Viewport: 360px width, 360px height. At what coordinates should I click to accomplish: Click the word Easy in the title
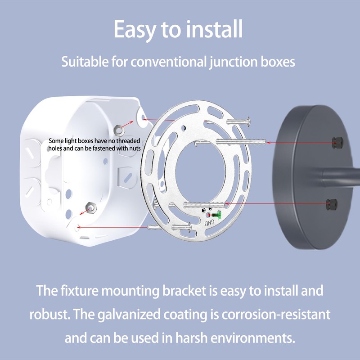click(x=135, y=30)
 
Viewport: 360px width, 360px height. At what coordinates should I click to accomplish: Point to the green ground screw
click(x=216, y=215)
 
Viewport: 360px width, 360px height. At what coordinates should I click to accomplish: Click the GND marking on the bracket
click(x=209, y=222)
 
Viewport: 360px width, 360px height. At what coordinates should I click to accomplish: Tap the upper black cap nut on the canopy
click(x=337, y=143)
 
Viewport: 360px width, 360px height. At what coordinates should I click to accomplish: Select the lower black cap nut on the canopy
click(x=332, y=204)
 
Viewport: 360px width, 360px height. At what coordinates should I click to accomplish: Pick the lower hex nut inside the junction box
click(x=91, y=208)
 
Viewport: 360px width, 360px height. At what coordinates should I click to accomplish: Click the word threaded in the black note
click(x=128, y=141)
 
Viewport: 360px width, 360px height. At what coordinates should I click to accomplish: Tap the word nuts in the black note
click(x=135, y=148)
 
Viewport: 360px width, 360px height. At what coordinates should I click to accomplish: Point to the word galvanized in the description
click(x=129, y=315)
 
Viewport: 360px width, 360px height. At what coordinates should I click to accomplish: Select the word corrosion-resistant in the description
click(x=276, y=314)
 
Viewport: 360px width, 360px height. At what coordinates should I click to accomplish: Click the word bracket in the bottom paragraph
click(x=184, y=290)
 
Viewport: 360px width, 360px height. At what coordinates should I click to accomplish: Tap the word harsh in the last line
click(x=191, y=338)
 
